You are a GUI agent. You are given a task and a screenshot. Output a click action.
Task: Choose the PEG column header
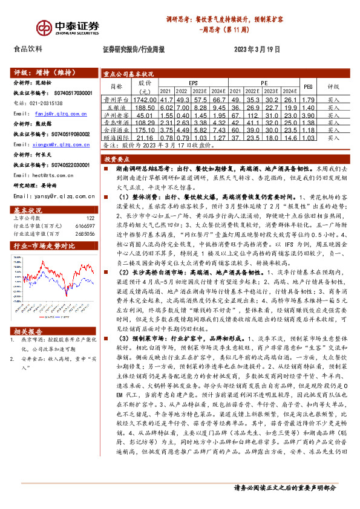coord(308,86)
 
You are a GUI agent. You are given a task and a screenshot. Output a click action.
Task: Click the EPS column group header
coord(193,82)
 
